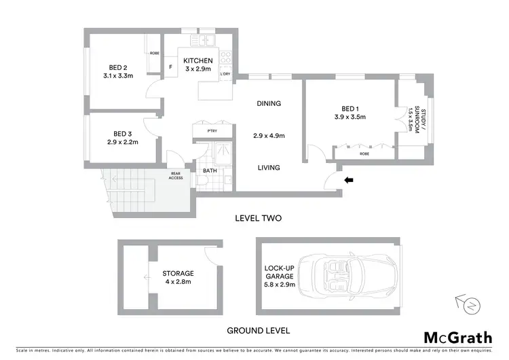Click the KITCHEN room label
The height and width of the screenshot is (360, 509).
point(198,61)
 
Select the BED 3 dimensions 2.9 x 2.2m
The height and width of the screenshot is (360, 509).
point(122,143)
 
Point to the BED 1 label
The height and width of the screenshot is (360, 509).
point(350,109)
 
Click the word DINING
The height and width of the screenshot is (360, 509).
point(269,103)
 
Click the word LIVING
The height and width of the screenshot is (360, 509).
point(269,167)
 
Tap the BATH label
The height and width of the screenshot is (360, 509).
point(210,170)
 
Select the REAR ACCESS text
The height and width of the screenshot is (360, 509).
point(176,175)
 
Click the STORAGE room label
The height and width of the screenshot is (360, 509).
point(177,273)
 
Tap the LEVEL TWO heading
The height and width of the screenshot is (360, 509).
point(257,218)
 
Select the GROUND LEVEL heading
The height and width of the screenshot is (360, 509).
point(258,331)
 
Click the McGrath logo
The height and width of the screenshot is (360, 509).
point(458,338)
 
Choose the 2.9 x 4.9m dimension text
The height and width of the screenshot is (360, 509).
point(269,135)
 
